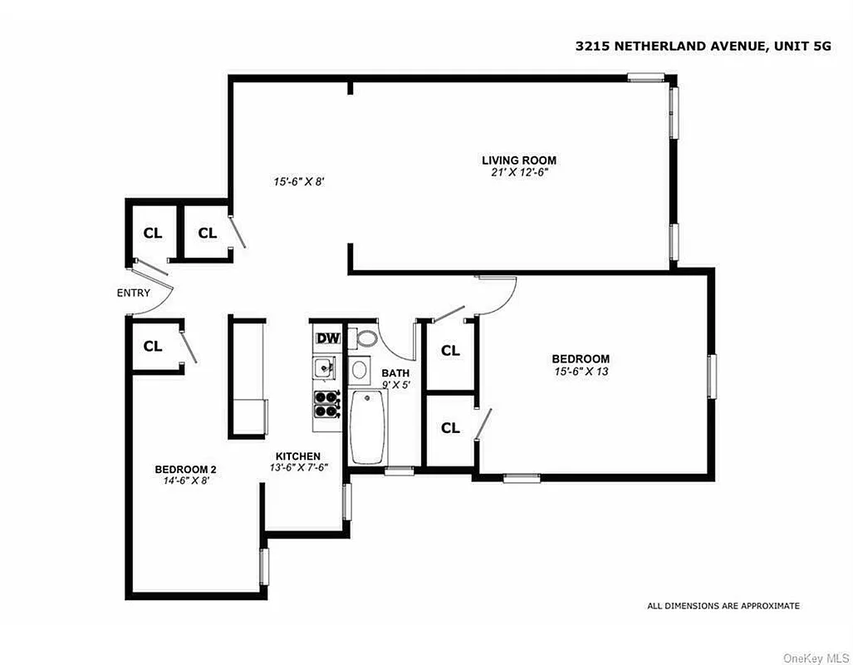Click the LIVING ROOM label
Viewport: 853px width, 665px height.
pyautogui.click(x=519, y=160)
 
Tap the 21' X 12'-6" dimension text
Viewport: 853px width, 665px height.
pyautogui.click(x=519, y=172)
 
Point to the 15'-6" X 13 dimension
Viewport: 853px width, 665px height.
pyautogui.click(x=581, y=371)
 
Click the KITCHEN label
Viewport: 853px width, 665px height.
pyautogui.click(x=298, y=456)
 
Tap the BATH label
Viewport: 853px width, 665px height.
pyautogui.click(x=395, y=373)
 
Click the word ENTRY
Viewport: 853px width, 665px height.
pyautogui.click(x=134, y=293)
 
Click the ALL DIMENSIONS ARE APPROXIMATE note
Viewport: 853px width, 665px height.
pyautogui.click(x=723, y=606)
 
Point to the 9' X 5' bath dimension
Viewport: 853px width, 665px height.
pyautogui.click(x=395, y=385)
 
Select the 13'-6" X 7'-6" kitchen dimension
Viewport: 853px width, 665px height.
pyautogui.click(x=298, y=467)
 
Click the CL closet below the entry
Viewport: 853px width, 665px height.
pyautogui.click(x=153, y=347)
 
